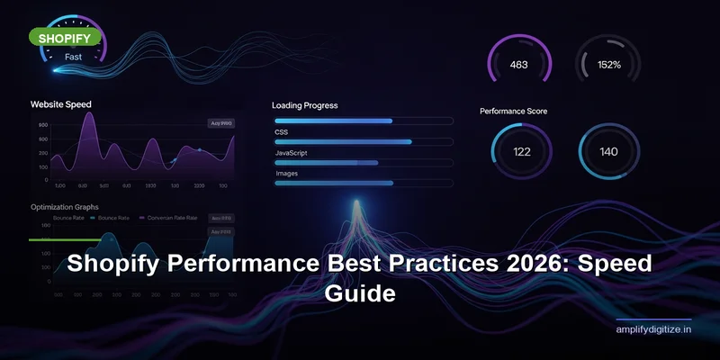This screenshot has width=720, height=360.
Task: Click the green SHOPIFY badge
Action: [x=62, y=38]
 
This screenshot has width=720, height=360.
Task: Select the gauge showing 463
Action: [x=518, y=65]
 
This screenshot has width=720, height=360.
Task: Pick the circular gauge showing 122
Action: [x=521, y=151]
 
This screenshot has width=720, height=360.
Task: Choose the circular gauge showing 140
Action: [x=608, y=151]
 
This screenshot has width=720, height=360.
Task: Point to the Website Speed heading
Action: [x=60, y=104]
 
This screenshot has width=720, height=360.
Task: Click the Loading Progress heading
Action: [x=305, y=105]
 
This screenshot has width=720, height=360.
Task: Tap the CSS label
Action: [x=283, y=131]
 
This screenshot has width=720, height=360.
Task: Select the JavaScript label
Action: [x=292, y=153]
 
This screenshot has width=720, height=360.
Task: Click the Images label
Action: [x=287, y=173]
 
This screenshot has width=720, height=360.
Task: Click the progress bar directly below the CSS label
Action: [x=363, y=141]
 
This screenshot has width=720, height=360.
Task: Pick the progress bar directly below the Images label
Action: [x=363, y=183]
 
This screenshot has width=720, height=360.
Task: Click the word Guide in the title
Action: [x=360, y=294]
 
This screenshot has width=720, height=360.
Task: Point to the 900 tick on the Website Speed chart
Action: [x=43, y=125]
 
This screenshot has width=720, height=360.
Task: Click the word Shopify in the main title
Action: [x=121, y=267]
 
